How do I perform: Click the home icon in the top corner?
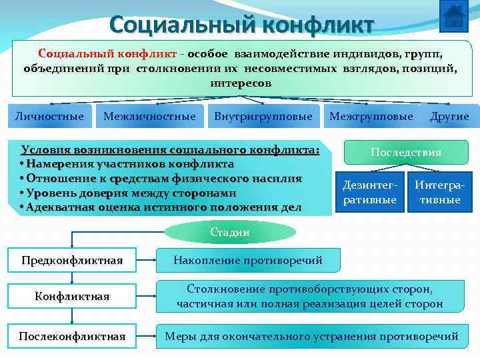[454, 15]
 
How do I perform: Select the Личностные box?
[49, 117]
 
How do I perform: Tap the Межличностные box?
[149, 117]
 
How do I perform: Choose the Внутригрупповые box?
[263, 117]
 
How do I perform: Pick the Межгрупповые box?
[371, 117]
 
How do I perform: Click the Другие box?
[449, 117]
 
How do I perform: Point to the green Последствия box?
[406, 153]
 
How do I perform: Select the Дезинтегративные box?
[369, 192]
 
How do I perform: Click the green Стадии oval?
[230, 232]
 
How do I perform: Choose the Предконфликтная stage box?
[72, 260]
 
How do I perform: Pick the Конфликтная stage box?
[72, 296]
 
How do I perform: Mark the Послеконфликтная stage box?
[72, 336]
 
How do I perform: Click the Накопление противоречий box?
[247, 260]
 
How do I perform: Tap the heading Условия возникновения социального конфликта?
[170, 149]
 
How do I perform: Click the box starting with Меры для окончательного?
[311, 336]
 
